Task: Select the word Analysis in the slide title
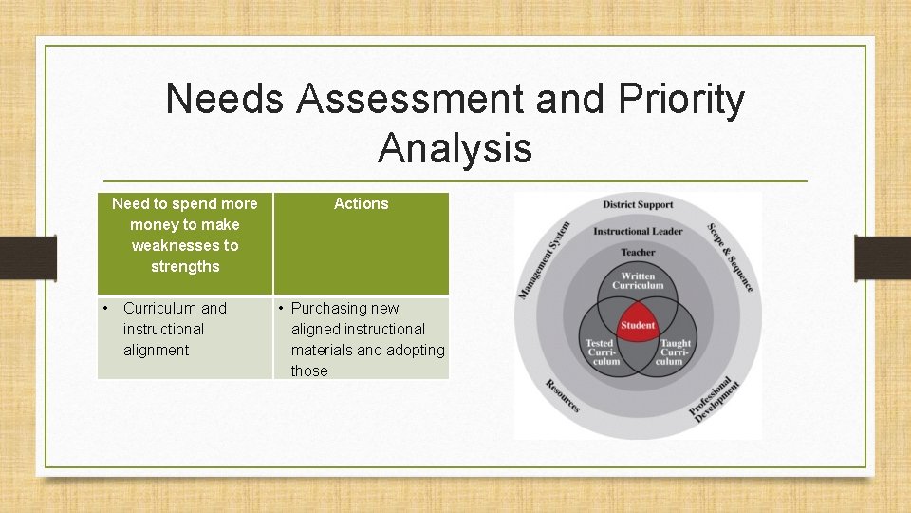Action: tap(455, 148)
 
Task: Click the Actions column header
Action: tap(361, 203)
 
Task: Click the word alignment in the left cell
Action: tap(156, 350)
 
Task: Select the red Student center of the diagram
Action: tap(638, 325)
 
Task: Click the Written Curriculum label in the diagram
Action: tap(638, 281)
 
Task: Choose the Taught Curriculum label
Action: tap(675, 351)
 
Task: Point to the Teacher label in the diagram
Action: tap(638, 252)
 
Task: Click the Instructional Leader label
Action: tap(638, 231)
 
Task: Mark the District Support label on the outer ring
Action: tap(638, 204)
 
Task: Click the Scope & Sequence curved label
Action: tap(731, 257)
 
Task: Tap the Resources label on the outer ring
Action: tap(563, 394)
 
